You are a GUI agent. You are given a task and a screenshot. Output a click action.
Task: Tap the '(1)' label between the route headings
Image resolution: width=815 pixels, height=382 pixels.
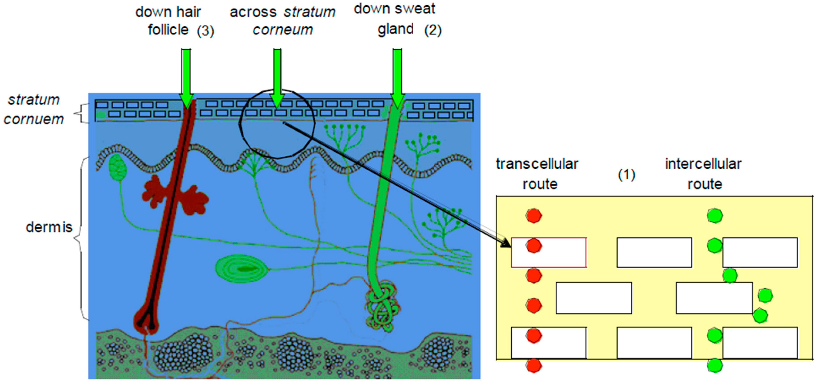coord(626,174)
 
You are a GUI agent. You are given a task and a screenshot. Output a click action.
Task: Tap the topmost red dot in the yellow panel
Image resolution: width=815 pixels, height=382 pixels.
coord(534,216)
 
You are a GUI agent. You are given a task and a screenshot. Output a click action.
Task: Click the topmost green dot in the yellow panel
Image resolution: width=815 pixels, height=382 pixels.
coord(715,216)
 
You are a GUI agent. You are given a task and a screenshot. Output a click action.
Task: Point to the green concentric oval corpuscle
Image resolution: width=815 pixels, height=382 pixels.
coord(241,269)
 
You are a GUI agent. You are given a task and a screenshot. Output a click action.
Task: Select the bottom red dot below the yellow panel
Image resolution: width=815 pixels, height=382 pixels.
coord(534,365)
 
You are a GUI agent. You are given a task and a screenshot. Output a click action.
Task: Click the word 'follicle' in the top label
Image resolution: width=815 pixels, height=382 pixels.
coord(168,30)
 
